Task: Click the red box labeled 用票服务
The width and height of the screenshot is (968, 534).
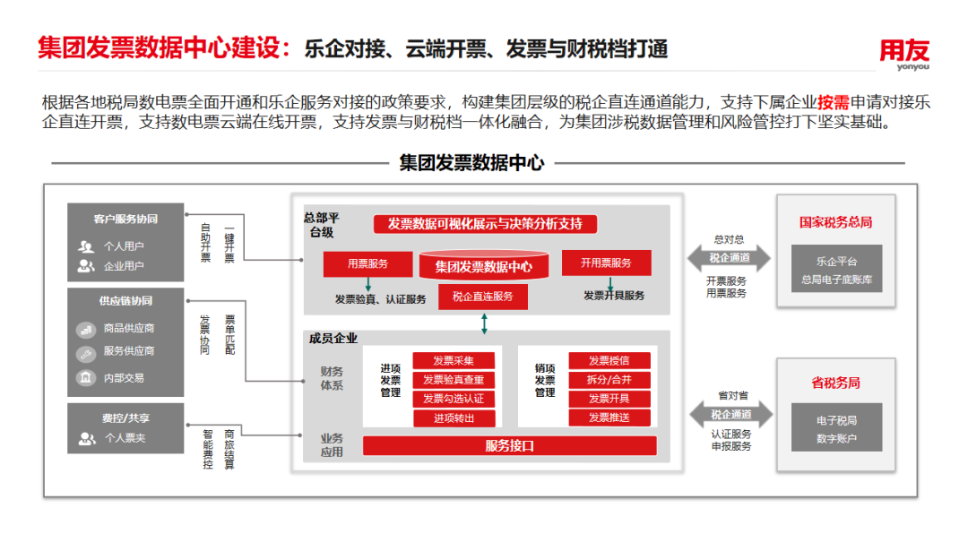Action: point(367,263)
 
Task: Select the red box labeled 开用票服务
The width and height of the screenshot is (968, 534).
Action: point(606,263)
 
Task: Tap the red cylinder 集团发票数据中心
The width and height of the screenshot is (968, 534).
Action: point(483,265)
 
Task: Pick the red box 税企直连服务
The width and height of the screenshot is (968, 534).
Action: point(483,297)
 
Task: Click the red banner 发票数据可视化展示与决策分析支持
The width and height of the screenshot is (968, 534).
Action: point(485,224)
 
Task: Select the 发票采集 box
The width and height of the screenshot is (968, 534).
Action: point(454,361)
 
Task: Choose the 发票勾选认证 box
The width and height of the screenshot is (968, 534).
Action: point(454,399)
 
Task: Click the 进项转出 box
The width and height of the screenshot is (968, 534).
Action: point(454,418)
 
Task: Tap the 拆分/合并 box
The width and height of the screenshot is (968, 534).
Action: point(609,380)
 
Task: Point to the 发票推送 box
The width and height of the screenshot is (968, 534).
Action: point(609,418)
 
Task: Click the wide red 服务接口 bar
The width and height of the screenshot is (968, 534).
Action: point(509,445)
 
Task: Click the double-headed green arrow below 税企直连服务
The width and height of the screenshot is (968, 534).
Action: point(484,323)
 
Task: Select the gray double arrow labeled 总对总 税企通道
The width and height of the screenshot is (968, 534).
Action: point(730,258)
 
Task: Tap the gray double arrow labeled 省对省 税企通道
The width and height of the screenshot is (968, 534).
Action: point(730,414)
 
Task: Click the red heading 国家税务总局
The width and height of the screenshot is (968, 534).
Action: point(835,222)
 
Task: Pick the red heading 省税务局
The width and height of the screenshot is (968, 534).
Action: point(835,383)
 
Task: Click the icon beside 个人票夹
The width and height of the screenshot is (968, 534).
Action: point(87,439)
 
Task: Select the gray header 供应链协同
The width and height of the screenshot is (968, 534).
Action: point(125,301)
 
